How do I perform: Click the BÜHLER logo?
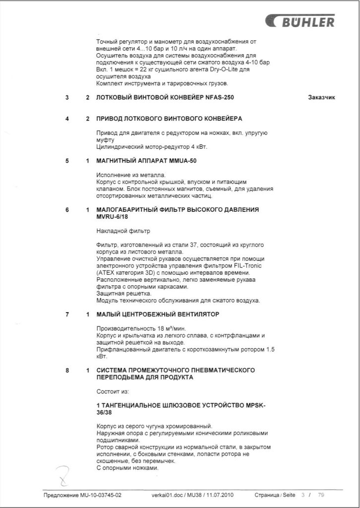point(300,21)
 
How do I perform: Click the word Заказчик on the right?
point(321,98)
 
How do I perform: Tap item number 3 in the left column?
point(67,98)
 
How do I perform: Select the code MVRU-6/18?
point(113,217)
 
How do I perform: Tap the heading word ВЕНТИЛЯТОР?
point(194,315)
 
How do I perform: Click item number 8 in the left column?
point(67,370)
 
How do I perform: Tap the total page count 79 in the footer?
point(321,495)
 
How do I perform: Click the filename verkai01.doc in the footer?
point(168,495)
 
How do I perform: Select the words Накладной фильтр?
point(123,231)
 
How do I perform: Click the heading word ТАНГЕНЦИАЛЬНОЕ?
point(134,405)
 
